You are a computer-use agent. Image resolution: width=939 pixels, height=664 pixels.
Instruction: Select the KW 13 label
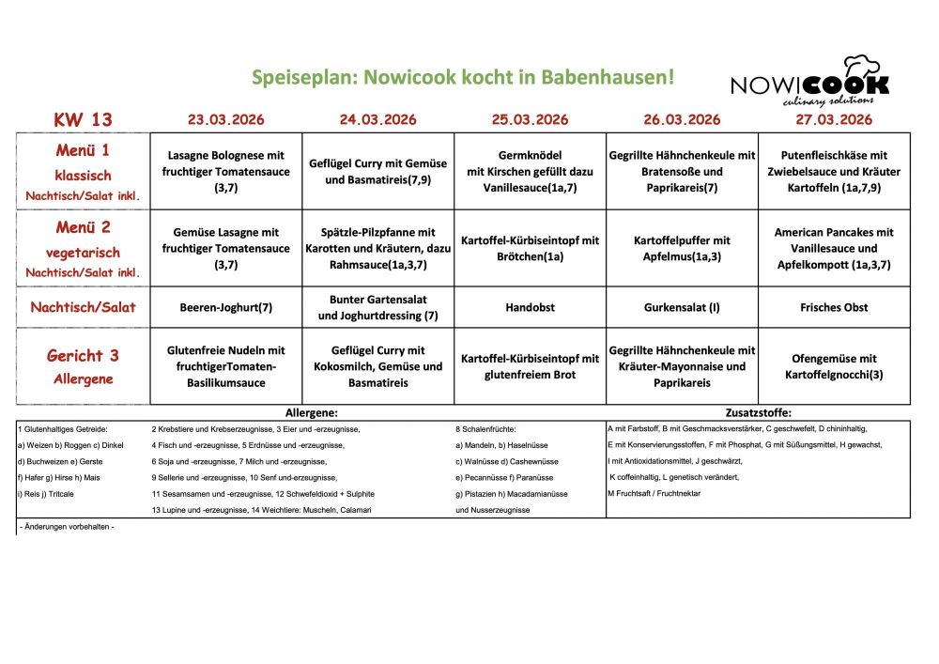83,119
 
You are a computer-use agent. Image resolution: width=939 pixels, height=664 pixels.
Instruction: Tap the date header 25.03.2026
530,119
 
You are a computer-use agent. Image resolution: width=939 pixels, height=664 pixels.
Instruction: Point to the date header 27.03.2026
834,119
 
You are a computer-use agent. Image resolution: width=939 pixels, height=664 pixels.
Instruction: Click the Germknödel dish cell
530,171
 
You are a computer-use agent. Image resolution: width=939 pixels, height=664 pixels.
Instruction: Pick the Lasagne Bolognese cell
226,171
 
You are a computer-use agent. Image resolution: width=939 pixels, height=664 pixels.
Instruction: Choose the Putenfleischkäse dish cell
834,171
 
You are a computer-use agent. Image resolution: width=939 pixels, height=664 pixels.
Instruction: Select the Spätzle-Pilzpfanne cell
377,248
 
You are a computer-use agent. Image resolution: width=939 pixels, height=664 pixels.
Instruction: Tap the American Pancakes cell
834,248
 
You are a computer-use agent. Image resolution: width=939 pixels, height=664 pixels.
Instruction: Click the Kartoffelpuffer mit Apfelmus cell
682,248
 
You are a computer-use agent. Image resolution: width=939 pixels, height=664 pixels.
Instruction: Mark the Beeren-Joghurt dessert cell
226,307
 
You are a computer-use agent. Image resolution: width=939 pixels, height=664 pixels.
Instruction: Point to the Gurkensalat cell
682,307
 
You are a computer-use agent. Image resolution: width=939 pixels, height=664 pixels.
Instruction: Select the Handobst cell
530,307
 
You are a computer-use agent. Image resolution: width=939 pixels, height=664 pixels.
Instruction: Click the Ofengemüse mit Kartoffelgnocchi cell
834,366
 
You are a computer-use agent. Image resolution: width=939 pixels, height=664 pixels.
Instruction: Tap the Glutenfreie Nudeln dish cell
226,366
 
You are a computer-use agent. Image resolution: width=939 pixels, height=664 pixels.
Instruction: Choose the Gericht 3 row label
83,365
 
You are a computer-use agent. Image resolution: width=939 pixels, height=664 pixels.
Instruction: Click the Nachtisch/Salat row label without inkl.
83,307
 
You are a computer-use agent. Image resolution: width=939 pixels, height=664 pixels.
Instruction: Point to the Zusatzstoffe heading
758,412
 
